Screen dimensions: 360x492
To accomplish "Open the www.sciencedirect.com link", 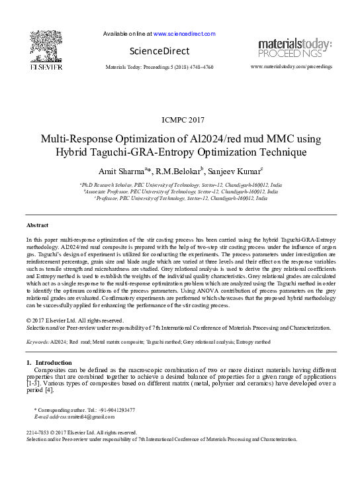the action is (185, 33).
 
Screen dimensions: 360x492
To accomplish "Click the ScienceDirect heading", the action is (159, 51).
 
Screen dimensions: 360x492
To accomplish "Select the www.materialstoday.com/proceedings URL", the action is (292, 67).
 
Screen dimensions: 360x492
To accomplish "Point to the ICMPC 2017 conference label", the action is (183, 120).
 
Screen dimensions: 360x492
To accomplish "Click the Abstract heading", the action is (37, 225).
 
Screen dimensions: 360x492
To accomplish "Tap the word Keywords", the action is (37, 342).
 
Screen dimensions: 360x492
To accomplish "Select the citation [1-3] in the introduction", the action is (33, 384).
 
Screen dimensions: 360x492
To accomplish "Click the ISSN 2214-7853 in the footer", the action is (40, 432).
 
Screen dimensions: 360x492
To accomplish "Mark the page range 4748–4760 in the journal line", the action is (198, 67).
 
